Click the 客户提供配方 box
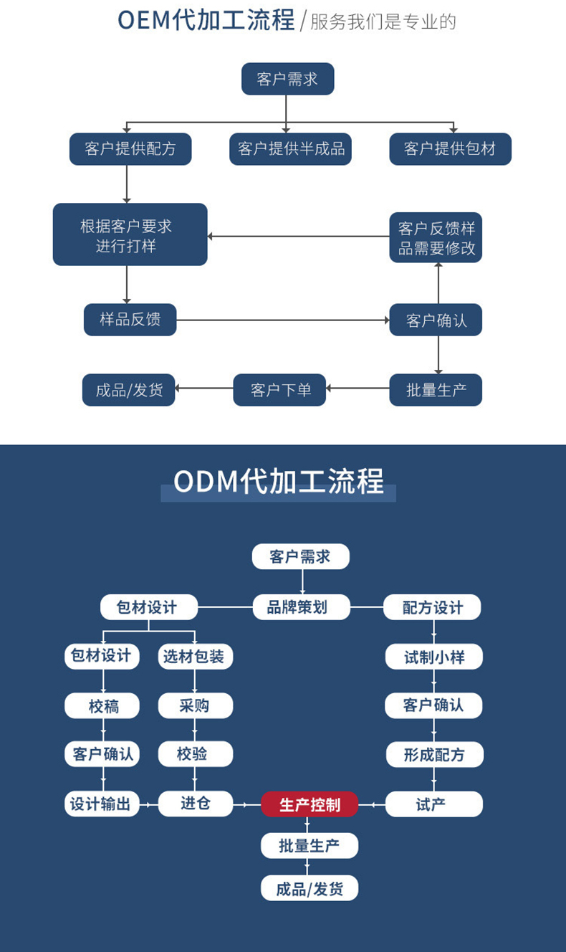pyautogui.click(x=130, y=149)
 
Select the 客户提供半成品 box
pyautogui.click(x=290, y=149)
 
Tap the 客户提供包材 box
pyautogui.click(x=450, y=149)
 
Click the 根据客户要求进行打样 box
pyautogui.click(x=130, y=235)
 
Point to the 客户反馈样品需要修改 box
pyautogui.click(x=436, y=238)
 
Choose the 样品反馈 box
pyautogui.click(x=130, y=320)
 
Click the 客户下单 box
pyautogui.click(x=279, y=390)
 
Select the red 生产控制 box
pyautogui.click(x=309, y=804)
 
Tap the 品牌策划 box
pyautogui.click(x=301, y=607)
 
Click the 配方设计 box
pyautogui.click(x=432, y=608)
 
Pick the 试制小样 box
pyautogui.click(x=433, y=657)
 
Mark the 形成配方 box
pyautogui.click(x=433, y=754)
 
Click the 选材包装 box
pyautogui.click(x=195, y=657)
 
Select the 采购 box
pyautogui.click(x=195, y=705)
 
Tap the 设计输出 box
pyautogui.click(x=101, y=804)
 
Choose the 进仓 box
pyautogui.click(x=195, y=804)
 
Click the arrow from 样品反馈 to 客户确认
pyautogui.click(x=282, y=320)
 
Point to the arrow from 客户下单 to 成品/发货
pyautogui.click(x=203, y=389)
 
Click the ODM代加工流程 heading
pyautogui.click(x=279, y=481)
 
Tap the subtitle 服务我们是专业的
pyautogui.click(x=383, y=22)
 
